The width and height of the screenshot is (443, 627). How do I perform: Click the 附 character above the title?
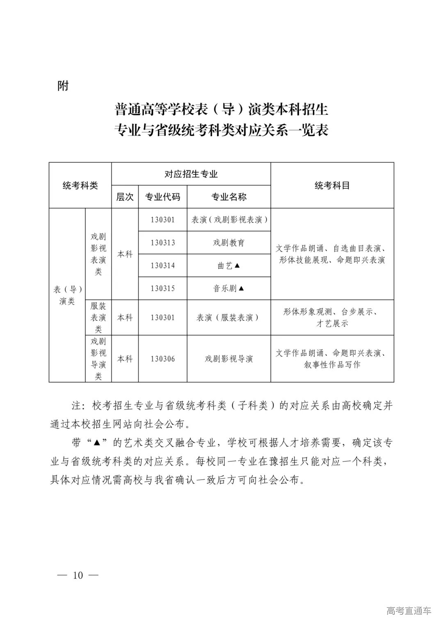(63, 86)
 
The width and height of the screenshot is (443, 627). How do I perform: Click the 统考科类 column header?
(80, 185)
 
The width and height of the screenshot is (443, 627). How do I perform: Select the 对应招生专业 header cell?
(191, 174)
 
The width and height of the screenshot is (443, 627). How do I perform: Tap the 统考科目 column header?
(332, 185)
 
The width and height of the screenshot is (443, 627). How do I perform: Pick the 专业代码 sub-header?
(162, 197)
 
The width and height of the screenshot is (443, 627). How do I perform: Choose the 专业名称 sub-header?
(229, 197)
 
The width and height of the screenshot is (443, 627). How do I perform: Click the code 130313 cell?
(162, 243)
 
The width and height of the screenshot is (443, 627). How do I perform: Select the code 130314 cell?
(162, 266)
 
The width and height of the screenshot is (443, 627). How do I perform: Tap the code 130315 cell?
(162, 288)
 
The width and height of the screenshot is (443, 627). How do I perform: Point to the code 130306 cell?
(162, 359)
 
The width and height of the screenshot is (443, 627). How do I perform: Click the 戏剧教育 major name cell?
(229, 243)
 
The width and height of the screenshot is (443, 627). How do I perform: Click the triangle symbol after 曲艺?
(237, 266)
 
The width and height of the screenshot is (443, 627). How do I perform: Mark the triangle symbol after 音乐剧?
(241, 288)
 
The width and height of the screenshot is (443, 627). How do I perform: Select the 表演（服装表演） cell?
(229, 317)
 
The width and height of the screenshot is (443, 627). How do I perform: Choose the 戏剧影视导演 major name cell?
(229, 359)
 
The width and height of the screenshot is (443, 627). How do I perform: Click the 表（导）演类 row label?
(67, 295)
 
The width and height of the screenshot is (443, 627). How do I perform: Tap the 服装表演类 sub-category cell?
(98, 317)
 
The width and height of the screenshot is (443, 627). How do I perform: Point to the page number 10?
(78, 575)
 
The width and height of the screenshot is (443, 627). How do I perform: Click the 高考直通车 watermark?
(409, 611)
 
